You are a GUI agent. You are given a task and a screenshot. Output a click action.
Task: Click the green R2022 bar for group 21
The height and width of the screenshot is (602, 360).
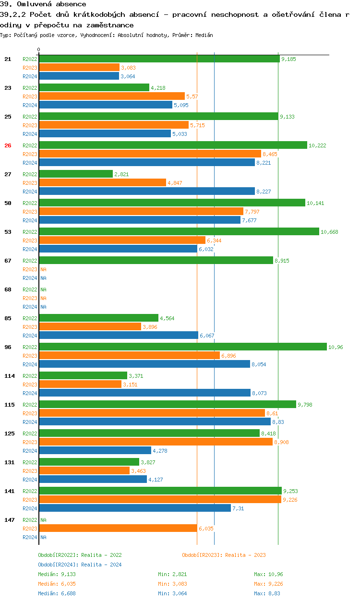coord(159,59)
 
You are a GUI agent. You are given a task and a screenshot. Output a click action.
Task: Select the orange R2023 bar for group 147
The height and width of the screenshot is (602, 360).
coord(118,529)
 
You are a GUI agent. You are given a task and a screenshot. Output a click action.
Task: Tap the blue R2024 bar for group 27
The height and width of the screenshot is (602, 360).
coord(146,192)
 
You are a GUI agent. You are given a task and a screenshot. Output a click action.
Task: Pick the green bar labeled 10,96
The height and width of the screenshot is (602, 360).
coord(182,347)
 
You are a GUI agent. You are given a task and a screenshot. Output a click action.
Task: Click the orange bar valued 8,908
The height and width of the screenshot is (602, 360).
coord(156,442)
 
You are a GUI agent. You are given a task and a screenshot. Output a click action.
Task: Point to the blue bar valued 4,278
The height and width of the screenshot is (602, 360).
coord(95,451)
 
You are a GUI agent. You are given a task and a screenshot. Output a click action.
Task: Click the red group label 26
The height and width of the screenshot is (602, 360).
coord(8,145)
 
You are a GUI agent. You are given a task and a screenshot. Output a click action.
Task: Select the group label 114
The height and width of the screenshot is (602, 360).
coord(9,376)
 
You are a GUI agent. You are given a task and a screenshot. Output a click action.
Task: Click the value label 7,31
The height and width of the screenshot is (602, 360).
coord(238,508)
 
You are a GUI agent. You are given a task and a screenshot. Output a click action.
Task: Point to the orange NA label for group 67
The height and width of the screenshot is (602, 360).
coord(43,269)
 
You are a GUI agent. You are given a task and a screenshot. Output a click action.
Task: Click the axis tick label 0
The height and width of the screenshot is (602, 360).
coord(39,49)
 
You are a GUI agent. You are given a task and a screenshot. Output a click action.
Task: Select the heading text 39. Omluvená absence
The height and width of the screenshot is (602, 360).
coord(43,4)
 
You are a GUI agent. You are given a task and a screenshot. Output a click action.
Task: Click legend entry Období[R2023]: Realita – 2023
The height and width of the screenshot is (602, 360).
coord(224,555)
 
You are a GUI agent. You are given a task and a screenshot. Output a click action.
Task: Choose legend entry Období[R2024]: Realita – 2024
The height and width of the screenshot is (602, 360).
coord(80,565)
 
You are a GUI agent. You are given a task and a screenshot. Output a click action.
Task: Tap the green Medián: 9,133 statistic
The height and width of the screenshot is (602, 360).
coord(57,574)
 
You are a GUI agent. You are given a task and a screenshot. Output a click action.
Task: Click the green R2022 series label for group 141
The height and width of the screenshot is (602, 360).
coord(30,491)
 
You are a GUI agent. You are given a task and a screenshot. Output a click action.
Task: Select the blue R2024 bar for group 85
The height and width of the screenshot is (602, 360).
coord(118,336)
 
